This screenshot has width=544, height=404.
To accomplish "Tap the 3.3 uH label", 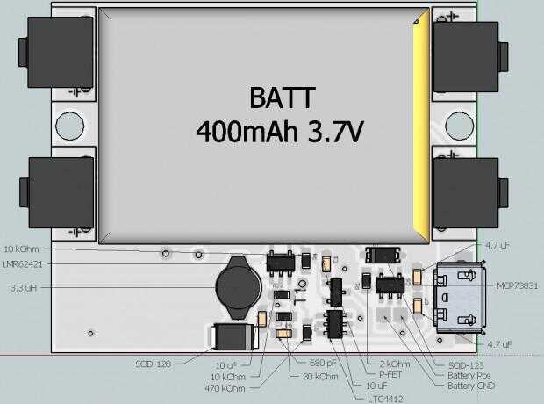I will click(22, 288).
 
